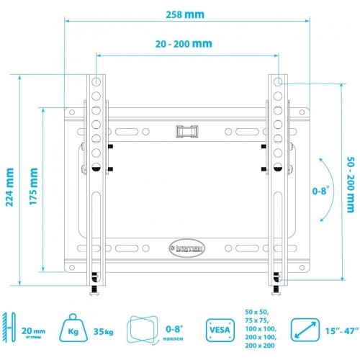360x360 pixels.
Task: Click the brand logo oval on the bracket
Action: click(x=186, y=246)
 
